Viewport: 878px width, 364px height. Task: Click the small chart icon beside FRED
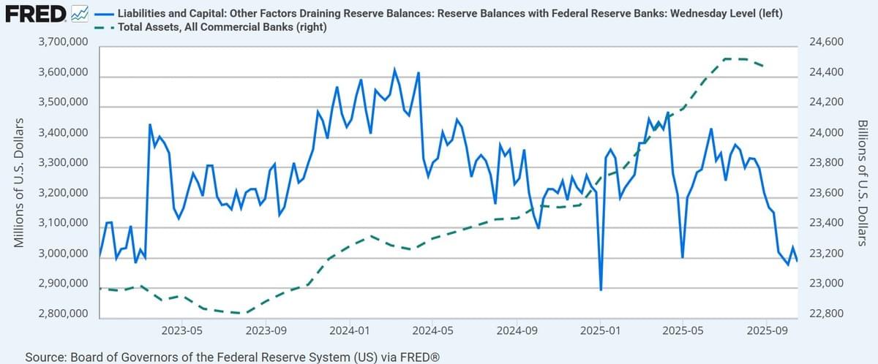(x=81, y=12)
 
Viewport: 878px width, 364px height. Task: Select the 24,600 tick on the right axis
(x=827, y=43)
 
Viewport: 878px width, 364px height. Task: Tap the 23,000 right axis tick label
(x=827, y=284)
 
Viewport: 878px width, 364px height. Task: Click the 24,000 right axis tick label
(x=827, y=133)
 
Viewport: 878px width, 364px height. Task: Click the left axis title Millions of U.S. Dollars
(x=20, y=181)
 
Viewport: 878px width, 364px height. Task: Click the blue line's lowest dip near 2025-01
(x=601, y=289)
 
